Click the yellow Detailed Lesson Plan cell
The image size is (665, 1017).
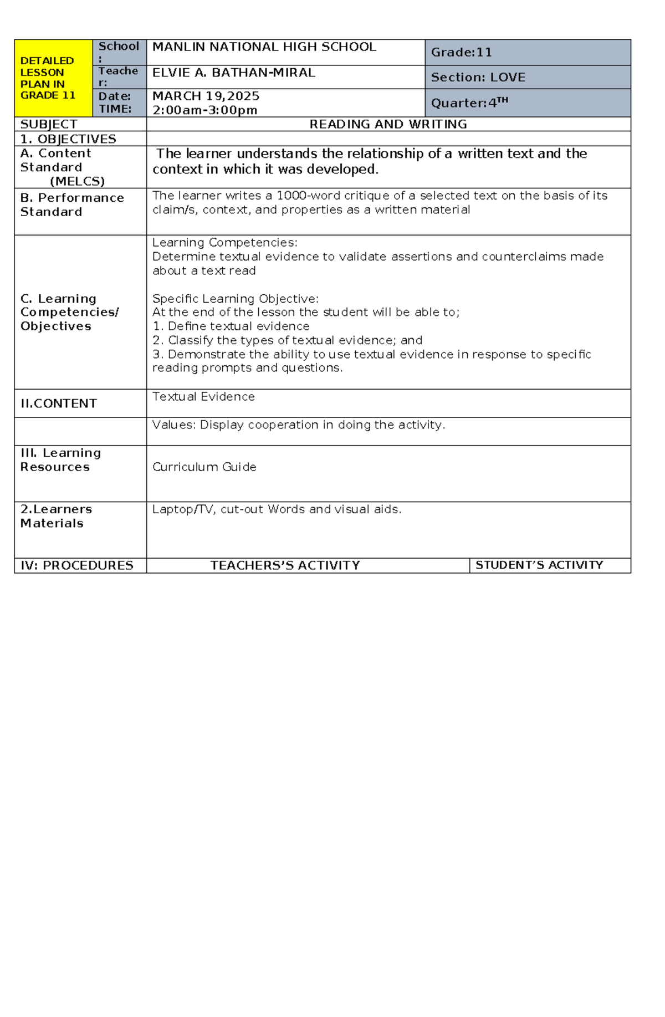tap(53, 78)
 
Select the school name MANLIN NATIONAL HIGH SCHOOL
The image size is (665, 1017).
tap(264, 47)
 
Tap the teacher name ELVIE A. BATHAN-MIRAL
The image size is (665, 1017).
tap(233, 73)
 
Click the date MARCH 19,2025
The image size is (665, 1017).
tap(206, 96)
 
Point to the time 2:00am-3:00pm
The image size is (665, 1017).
tap(204, 110)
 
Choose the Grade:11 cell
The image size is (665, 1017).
tap(461, 53)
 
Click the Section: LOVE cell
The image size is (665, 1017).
tap(478, 78)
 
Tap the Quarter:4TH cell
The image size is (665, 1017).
tap(469, 103)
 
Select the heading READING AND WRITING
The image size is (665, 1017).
tap(388, 124)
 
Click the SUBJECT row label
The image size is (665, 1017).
tap(49, 124)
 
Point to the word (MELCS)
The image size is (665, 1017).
tap(77, 181)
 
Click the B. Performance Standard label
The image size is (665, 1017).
tap(71, 205)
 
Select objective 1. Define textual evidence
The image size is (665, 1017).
tap(231, 326)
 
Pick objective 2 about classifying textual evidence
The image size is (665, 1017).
tap(287, 340)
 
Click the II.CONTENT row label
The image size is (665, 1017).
tap(59, 403)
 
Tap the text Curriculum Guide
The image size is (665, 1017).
tap(204, 467)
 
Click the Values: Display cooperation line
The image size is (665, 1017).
tap(298, 425)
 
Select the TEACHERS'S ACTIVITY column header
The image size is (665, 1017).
tap(285, 565)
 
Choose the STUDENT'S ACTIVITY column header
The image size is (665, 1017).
tap(539, 565)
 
